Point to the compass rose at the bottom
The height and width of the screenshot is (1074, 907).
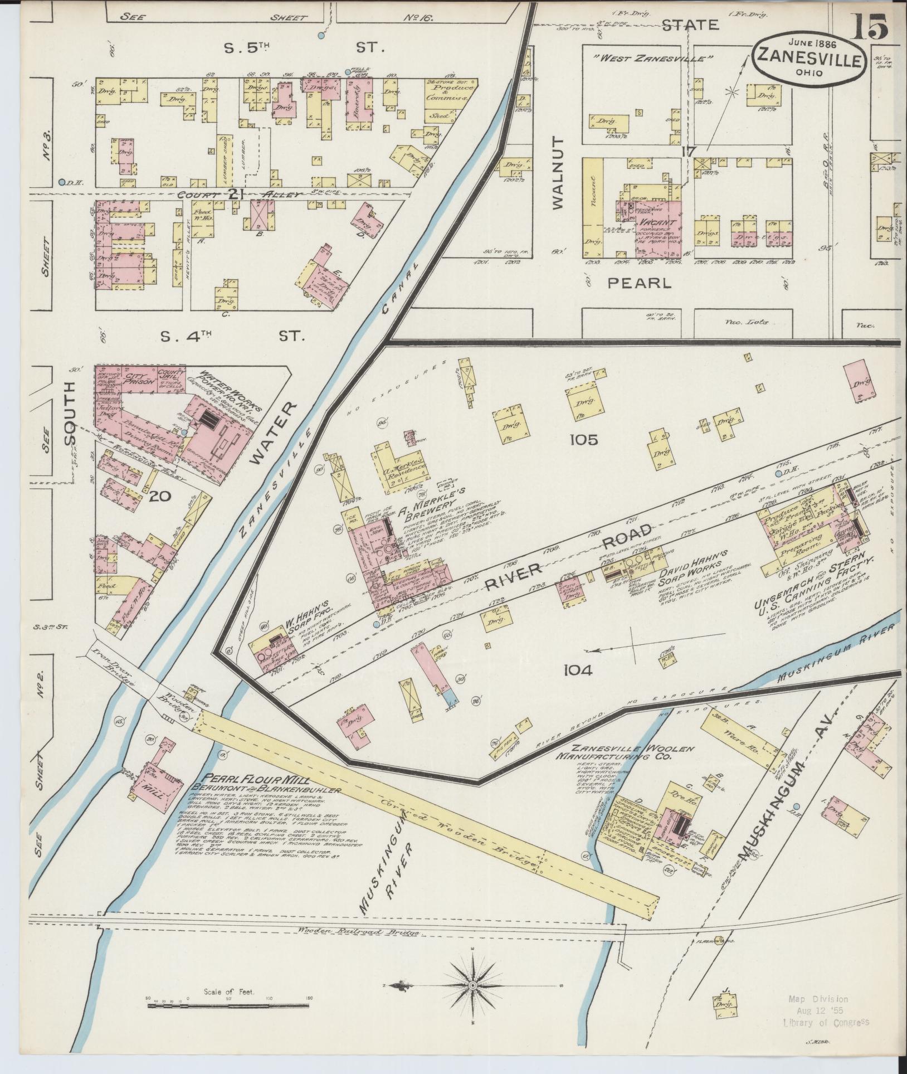472,985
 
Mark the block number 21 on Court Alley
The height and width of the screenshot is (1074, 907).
237,193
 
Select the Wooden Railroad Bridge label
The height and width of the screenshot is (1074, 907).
360,932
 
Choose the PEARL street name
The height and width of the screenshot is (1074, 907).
639,283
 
